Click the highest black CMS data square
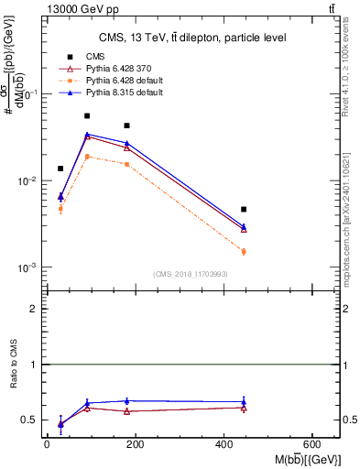(x=87, y=116)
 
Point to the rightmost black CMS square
(x=244, y=210)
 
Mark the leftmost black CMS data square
(x=60, y=169)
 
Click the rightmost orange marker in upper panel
(x=244, y=251)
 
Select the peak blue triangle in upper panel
(x=87, y=135)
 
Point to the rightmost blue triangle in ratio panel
(x=244, y=401)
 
